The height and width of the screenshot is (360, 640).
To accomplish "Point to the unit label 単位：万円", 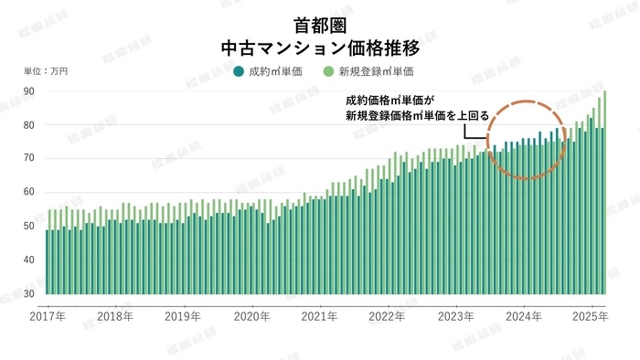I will [45, 70].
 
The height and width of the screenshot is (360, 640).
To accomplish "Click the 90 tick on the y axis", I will [29, 91].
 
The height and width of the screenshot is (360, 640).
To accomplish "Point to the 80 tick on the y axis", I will [29, 125].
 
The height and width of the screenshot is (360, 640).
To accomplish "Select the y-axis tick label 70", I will [29, 158].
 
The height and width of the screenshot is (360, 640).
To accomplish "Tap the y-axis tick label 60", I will [29, 192].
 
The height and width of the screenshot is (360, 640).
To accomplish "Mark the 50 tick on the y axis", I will [29, 226].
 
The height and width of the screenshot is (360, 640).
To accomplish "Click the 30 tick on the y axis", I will [29, 292].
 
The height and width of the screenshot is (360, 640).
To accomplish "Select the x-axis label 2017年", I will [48, 317].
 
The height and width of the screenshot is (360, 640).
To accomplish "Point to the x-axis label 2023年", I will [455, 317].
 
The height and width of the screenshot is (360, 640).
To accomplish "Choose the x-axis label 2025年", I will [590, 317].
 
